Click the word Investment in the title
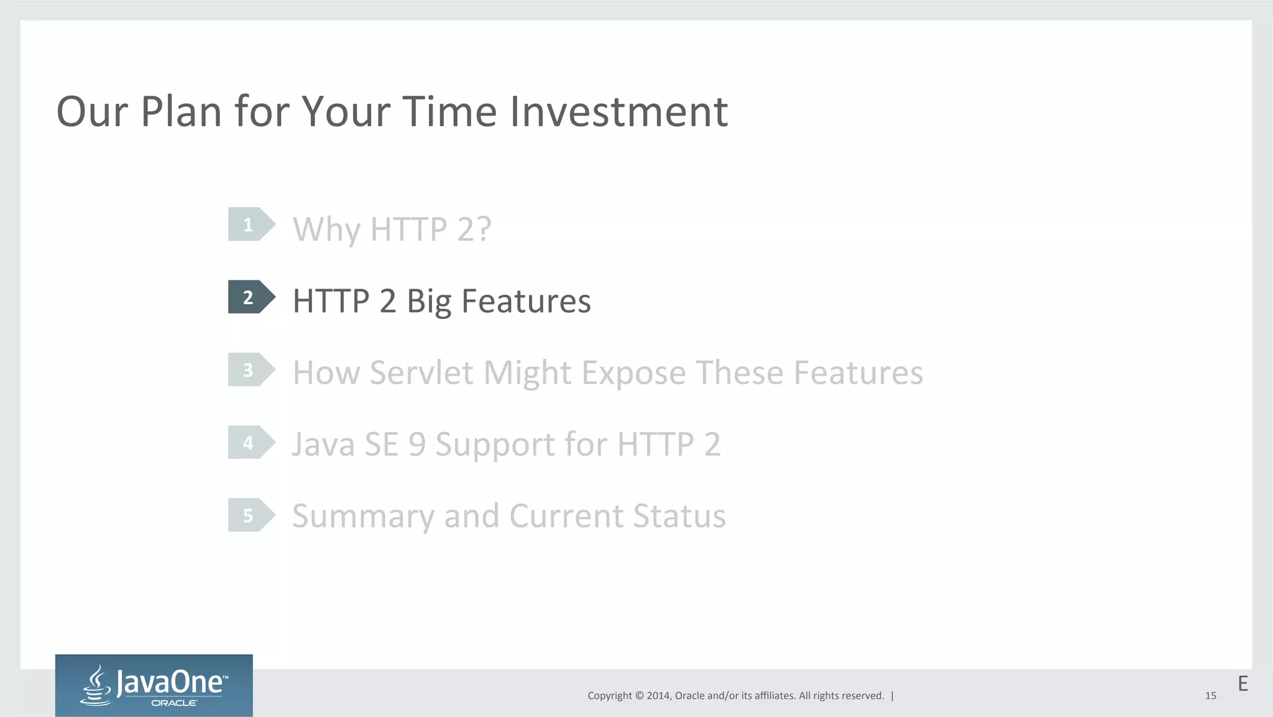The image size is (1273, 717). (x=618, y=112)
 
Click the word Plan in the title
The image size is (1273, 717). (x=181, y=112)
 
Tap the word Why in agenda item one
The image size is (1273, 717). (x=326, y=229)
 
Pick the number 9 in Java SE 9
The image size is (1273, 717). (x=417, y=445)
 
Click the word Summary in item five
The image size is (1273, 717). (x=363, y=517)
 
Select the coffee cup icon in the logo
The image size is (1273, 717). (x=96, y=686)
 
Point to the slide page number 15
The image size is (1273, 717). (x=1210, y=696)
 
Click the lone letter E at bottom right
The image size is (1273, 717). (x=1243, y=684)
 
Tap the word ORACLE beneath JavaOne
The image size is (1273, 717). (x=174, y=703)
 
